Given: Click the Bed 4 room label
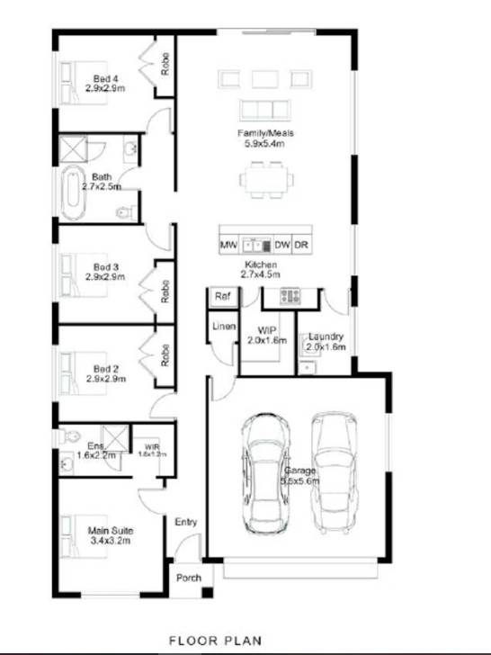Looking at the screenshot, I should point(103,84).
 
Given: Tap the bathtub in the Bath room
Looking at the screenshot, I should point(72,193).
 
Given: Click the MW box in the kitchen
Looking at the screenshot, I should point(228,244).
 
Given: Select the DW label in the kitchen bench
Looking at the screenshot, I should point(282,244).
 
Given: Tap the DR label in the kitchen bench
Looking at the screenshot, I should point(302,244).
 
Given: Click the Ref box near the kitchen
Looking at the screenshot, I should point(221,295).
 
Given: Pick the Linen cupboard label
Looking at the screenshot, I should point(224,327).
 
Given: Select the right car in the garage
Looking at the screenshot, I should point(330,471).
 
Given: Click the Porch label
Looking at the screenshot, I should point(189,578).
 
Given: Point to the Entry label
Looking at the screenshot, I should point(186,522).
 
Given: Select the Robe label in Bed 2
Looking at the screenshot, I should point(165,355).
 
